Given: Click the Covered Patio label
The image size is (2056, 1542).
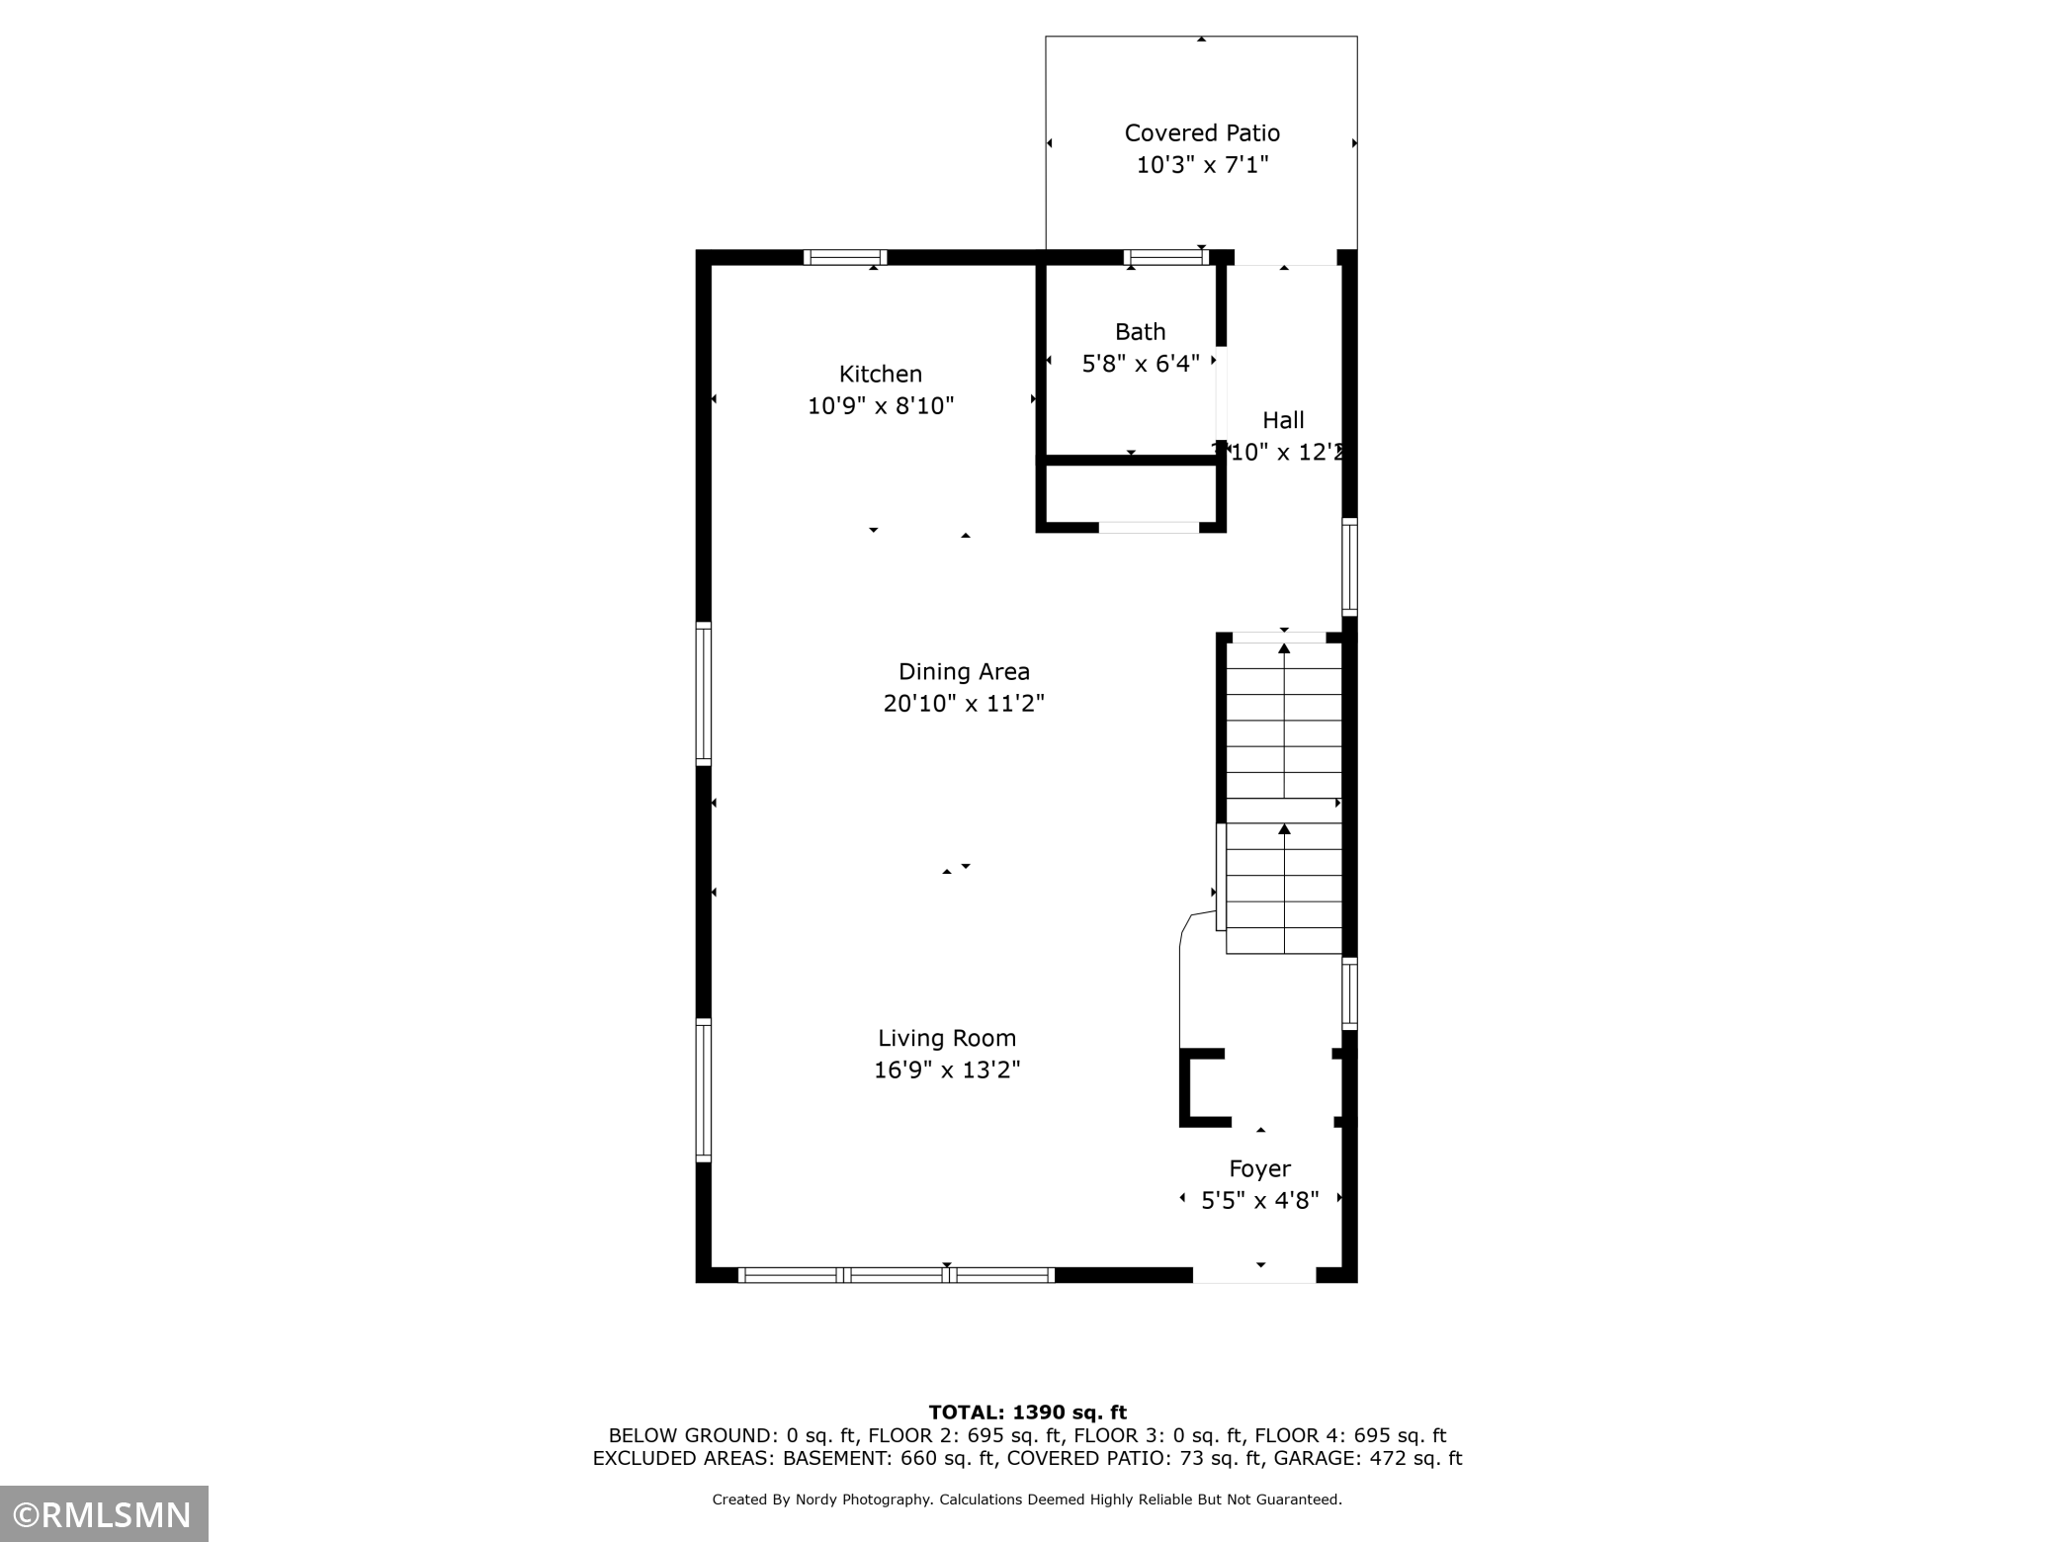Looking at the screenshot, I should [x=1202, y=132].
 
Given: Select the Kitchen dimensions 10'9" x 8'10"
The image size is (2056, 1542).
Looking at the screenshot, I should [x=881, y=405].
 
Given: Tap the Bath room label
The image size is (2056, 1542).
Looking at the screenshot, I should [x=1140, y=331].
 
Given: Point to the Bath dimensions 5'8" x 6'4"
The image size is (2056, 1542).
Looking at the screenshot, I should [x=1140, y=363].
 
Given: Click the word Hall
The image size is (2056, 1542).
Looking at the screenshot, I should [x=1283, y=420].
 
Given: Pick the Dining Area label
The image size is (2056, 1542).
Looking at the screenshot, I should [x=964, y=671].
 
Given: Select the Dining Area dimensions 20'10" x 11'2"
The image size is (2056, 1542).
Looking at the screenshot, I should [x=964, y=703].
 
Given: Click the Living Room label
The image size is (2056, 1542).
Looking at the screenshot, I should [x=947, y=1038].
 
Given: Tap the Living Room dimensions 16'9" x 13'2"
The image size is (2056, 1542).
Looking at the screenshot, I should [x=947, y=1070].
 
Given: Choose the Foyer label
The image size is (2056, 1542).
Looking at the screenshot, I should [x=1259, y=1168].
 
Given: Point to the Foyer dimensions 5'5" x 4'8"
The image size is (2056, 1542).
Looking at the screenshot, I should [x=1259, y=1200].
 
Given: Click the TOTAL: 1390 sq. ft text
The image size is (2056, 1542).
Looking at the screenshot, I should [x=1027, y=1413].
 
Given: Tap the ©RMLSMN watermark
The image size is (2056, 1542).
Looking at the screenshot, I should [x=104, y=1514].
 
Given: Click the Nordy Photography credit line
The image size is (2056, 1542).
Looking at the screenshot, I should [x=1027, y=1499].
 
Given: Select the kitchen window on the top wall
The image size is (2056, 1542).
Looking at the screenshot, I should [x=844, y=257].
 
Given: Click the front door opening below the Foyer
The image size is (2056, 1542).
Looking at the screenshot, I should [x=1253, y=1275].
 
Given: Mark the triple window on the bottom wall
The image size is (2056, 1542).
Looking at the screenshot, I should [x=897, y=1275].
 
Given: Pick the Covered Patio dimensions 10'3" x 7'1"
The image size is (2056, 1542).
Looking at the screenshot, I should [x=1202, y=164].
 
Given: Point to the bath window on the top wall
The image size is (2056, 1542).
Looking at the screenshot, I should [x=1165, y=257].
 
